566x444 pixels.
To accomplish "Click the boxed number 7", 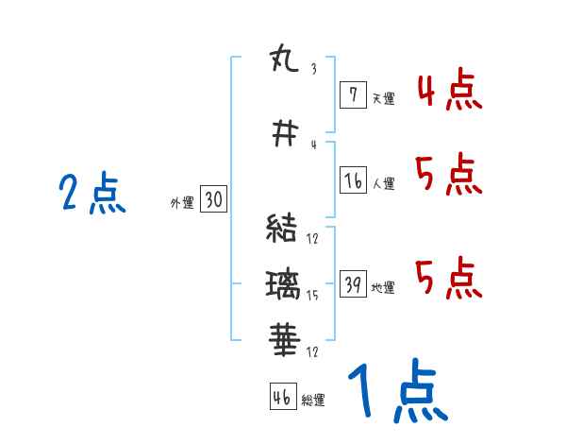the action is click(352, 94).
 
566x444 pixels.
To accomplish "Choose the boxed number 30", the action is click(213, 199).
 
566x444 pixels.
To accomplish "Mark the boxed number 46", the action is click(282, 397).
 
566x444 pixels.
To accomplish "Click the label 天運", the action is click(383, 98).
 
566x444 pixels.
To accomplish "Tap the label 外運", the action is click(181, 202).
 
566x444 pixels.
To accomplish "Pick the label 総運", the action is click(312, 401).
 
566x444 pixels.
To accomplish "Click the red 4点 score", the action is click(449, 92).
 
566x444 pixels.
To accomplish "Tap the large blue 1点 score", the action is click(396, 392).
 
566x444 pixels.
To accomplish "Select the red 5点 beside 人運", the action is click(449, 175).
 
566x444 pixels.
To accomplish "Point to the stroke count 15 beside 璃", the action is click(312, 295).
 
